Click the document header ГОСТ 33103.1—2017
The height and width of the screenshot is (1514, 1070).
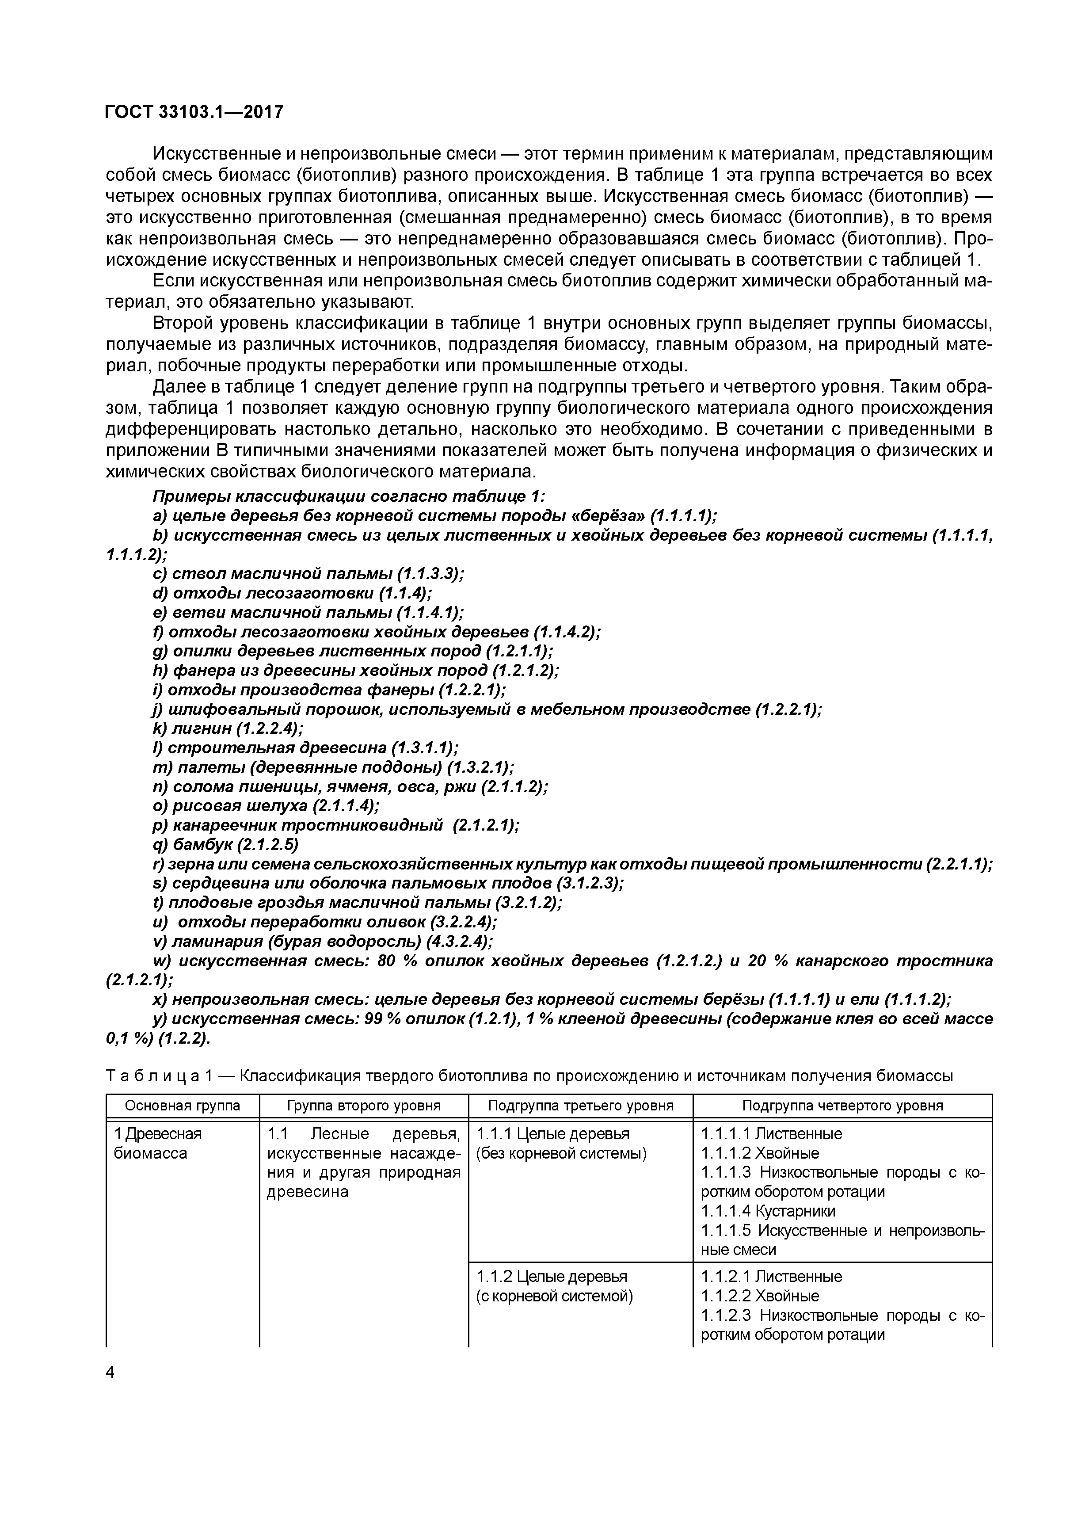click(x=194, y=112)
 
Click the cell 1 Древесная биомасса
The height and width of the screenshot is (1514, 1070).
click(x=158, y=1143)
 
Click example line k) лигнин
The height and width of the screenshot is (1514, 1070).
click(x=228, y=728)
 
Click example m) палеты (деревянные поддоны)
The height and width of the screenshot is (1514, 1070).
click(x=333, y=767)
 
